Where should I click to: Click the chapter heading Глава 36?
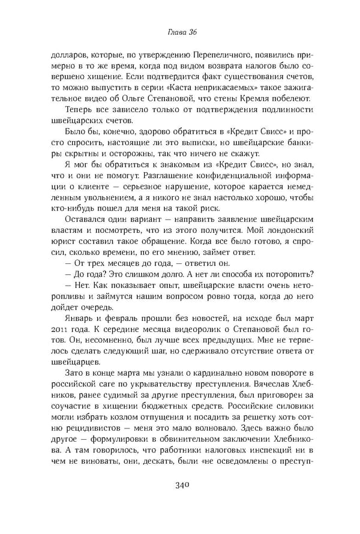[x=180, y=32]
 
